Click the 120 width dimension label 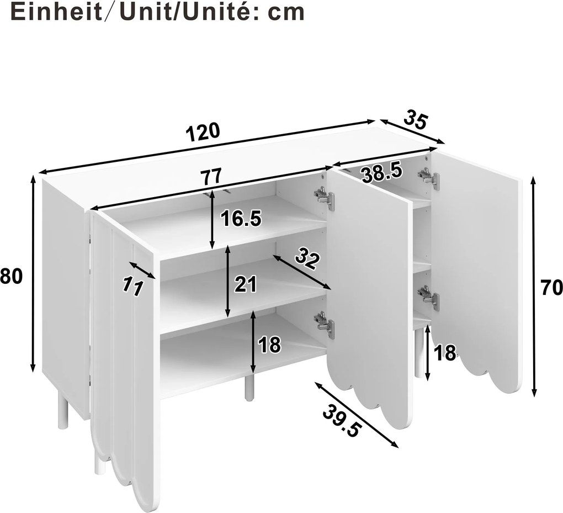(x=203, y=132)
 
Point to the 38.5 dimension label (x=381, y=173)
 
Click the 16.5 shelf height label (x=241, y=219)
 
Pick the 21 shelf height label (x=246, y=284)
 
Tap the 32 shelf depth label (x=307, y=258)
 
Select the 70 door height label (x=551, y=287)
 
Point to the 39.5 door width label (x=341, y=421)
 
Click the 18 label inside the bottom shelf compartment (x=269, y=345)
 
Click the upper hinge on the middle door (x=324, y=197)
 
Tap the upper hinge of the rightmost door (x=429, y=178)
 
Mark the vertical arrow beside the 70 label (x=534, y=287)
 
